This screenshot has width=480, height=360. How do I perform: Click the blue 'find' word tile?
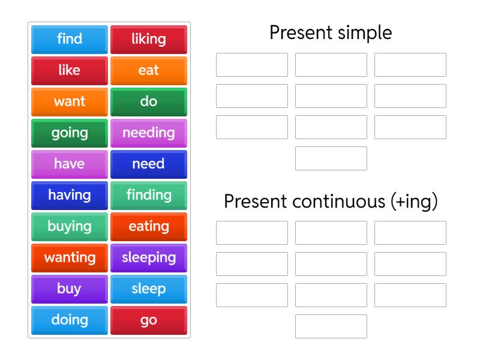pos(70,39)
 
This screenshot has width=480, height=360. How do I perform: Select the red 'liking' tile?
pos(149,39)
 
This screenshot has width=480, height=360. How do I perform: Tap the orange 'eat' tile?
pos(149,70)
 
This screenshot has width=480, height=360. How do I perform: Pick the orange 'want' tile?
pos(70,101)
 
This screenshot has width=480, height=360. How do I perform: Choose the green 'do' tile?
pos(149,101)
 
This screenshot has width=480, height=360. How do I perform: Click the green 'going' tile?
pos(70,133)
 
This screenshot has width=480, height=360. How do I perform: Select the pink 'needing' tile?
pos(149,133)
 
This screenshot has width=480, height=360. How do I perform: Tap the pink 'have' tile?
pos(70,164)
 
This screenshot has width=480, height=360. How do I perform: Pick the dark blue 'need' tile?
pos(149,164)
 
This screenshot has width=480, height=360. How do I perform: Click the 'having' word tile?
pos(70,195)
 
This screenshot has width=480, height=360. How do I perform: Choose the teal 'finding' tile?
pos(149,195)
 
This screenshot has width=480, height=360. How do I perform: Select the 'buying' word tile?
pos(70,226)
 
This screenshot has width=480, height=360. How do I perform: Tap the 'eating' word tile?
pos(149,226)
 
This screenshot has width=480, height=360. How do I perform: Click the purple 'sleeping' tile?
pos(149,257)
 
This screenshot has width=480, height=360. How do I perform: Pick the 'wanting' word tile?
pos(70,257)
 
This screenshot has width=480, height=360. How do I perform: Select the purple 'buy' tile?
pos(70,289)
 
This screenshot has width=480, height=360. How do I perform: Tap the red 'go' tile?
pos(149,320)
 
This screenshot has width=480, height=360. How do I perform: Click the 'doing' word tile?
pos(70,320)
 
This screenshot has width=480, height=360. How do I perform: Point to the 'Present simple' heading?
pos(331,32)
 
